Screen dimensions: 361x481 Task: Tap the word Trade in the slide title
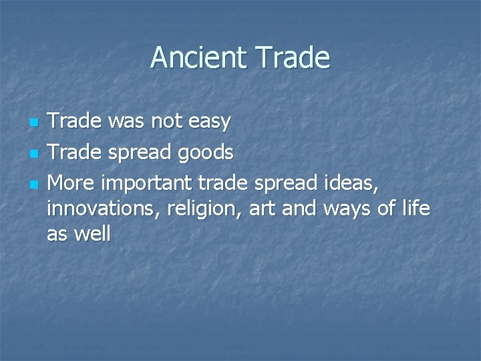(x=291, y=58)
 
